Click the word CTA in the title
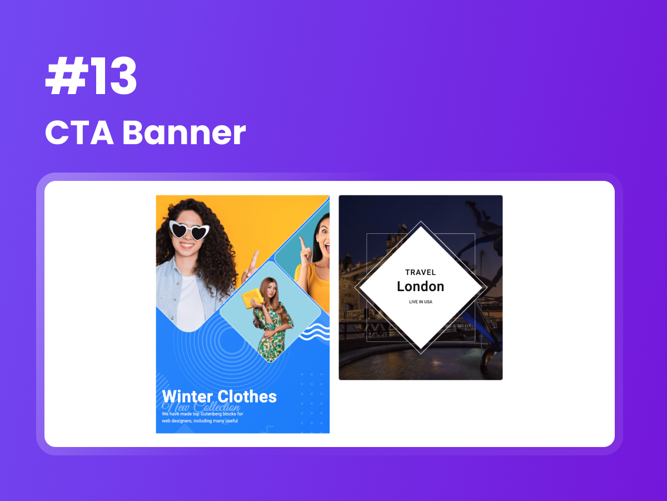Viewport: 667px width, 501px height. (77, 133)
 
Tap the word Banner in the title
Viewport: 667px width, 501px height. (184, 133)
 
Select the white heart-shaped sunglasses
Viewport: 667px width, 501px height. (189, 229)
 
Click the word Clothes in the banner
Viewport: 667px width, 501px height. (247, 396)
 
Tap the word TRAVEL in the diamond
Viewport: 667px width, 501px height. (421, 272)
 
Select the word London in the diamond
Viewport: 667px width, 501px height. (421, 287)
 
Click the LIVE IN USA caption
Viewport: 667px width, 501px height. (421, 302)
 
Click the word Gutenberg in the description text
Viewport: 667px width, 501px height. (217, 414)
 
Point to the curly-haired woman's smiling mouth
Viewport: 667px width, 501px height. (187, 245)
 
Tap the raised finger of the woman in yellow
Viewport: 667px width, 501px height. (301, 244)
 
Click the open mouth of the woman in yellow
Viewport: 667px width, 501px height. (325, 247)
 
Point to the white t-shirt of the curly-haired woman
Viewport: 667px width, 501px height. (190, 303)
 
